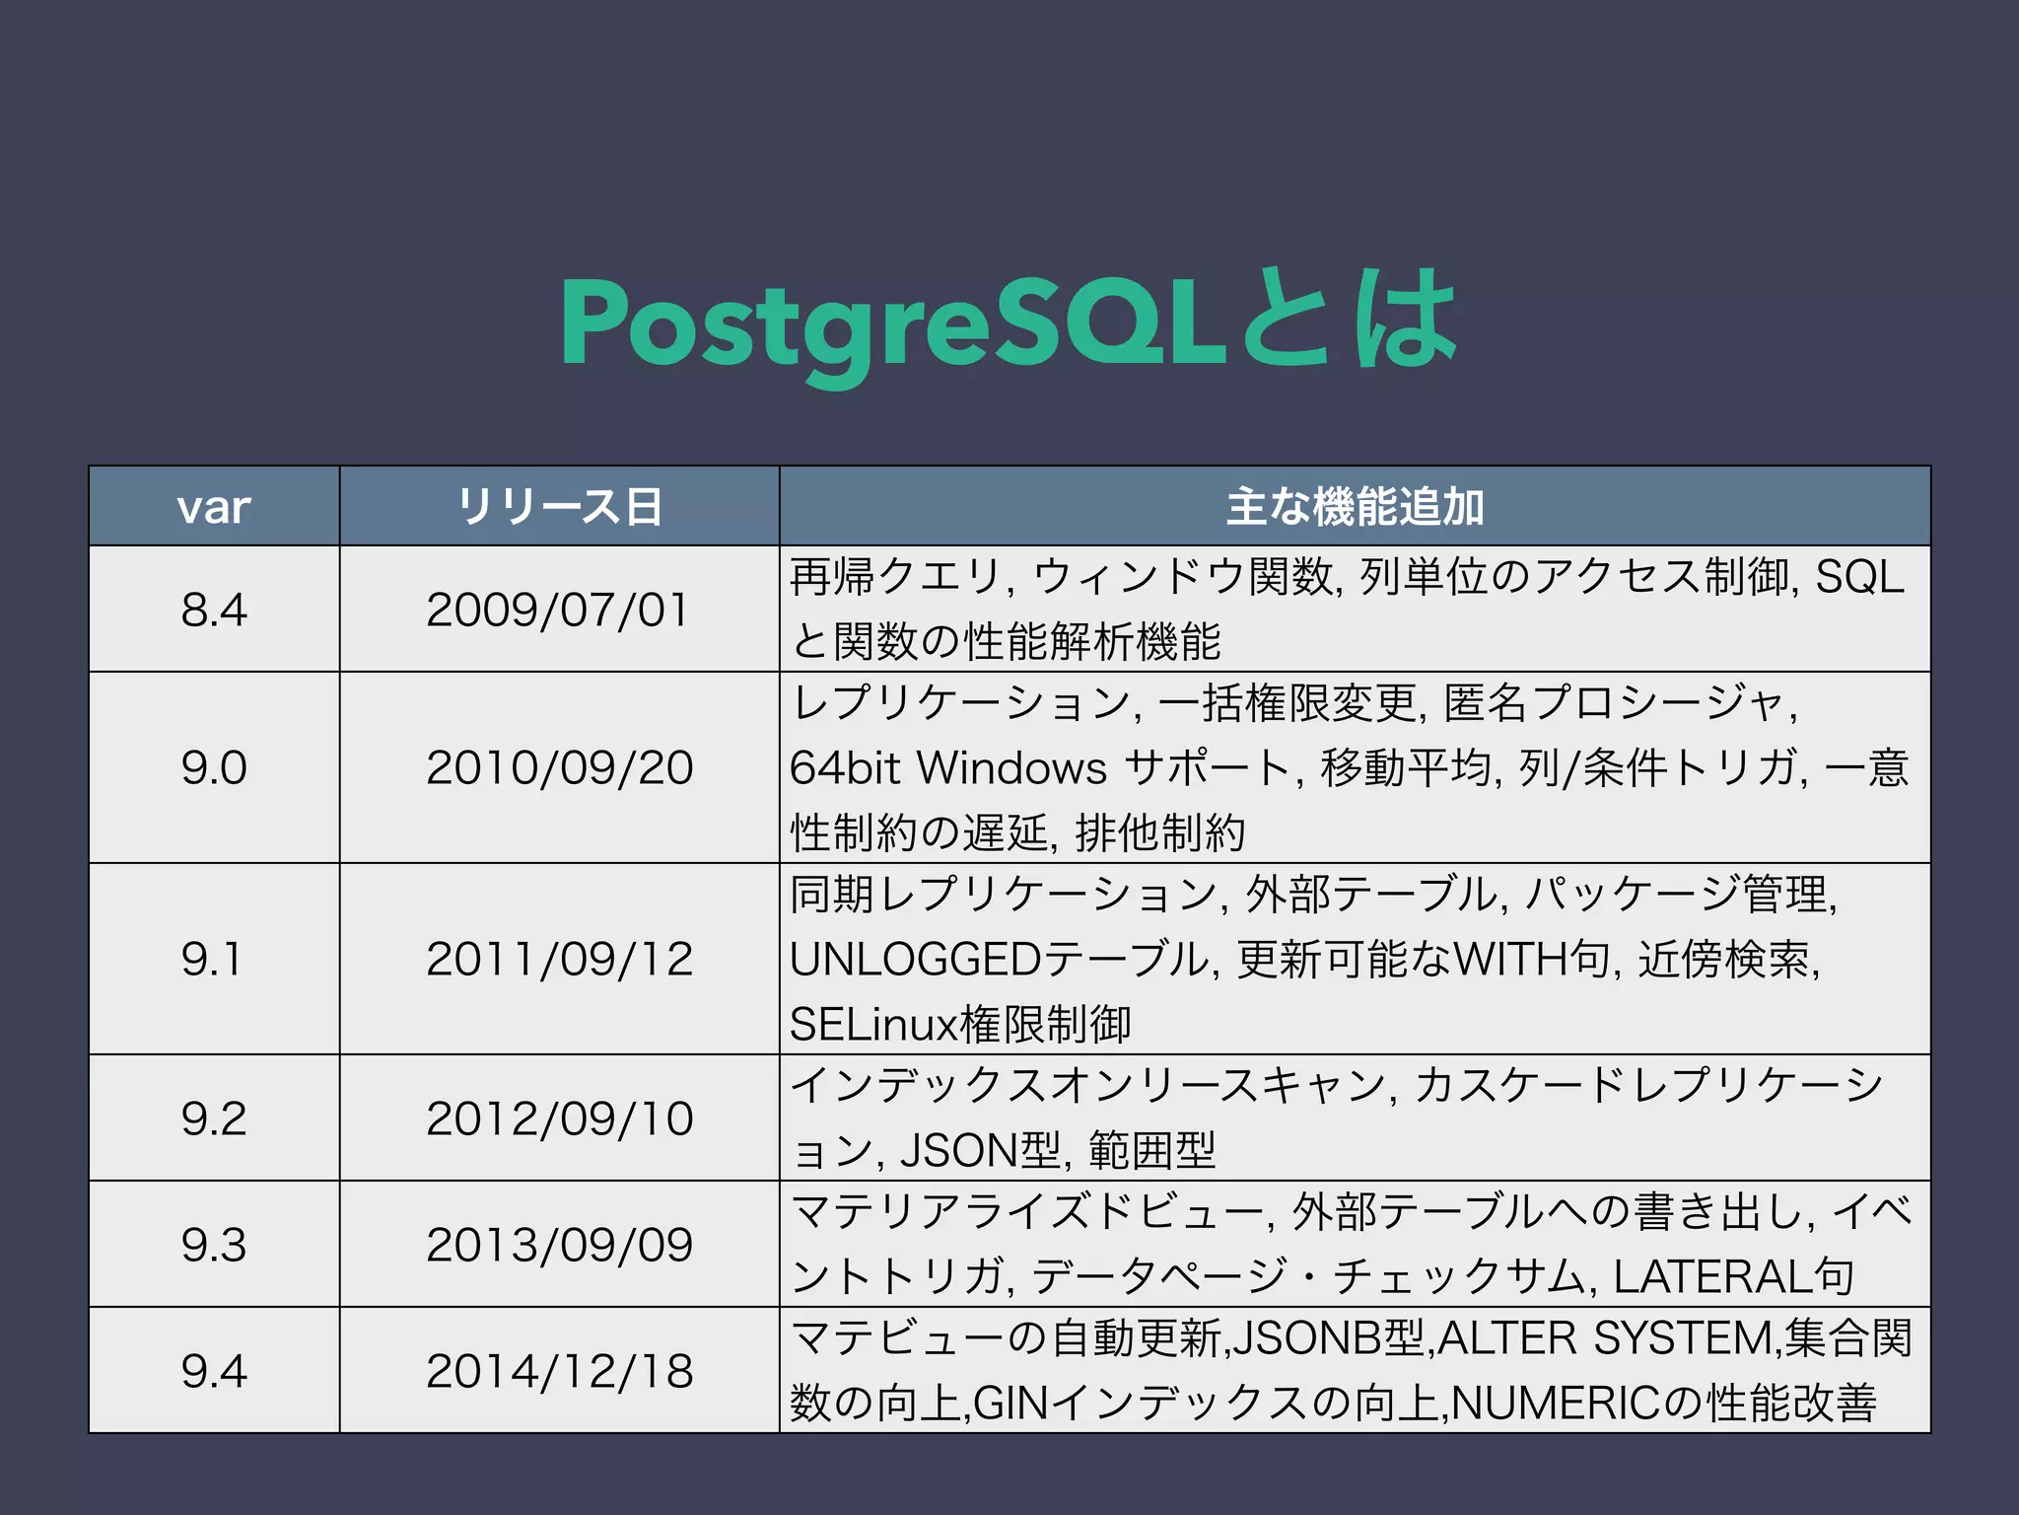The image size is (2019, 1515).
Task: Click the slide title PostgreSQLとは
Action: pyautogui.click(x=1009, y=323)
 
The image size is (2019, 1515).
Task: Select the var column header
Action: pyautogui.click(x=214, y=507)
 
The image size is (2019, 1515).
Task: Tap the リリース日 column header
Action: pyautogui.click(x=559, y=507)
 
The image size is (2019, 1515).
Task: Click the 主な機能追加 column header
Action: pyautogui.click(x=1355, y=507)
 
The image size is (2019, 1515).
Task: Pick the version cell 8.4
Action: pyautogui.click(x=214, y=610)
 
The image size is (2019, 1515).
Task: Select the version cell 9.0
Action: pyautogui.click(x=214, y=767)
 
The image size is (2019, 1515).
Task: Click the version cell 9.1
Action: pyautogui.click(x=212, y=959)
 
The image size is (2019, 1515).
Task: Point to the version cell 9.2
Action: pyautogui.click(x=214, y=1118)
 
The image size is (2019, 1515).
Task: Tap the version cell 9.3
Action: pyautogui.click(x=214, y=1244)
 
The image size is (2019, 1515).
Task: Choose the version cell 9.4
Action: pyautogui.click(x=214, y=1370)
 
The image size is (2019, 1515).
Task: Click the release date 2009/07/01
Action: pyautogui.click(x=558, y=610)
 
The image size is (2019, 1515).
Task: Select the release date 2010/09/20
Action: pyautogui.click(x=559, y=767)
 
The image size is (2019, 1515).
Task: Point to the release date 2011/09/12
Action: pyautogui.click(x=559, y=959)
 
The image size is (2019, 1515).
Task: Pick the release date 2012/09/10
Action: pyautogui.click(x=559, y=1118)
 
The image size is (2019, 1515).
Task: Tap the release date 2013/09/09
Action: pyautogui.click(x=559, y=1244)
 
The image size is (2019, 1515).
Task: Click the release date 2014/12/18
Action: pyautogui.click(x=559, y=1370)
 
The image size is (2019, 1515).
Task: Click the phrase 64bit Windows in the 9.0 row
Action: pyautogui.click(x=948, y=768)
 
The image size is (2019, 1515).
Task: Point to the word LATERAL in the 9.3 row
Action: pyautogui.click(x=1715, y=1277)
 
